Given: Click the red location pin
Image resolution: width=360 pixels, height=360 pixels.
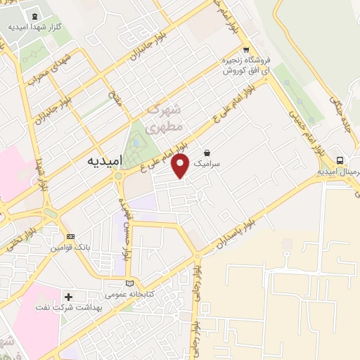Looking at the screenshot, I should (x=181, y=166).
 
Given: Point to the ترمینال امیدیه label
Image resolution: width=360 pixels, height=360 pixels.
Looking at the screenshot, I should (x=338, y=171).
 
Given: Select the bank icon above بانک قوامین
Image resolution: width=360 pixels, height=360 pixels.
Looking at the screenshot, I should (x=70, y=236).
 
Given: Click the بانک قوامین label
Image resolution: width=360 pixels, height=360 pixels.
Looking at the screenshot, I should (x=69, y=247).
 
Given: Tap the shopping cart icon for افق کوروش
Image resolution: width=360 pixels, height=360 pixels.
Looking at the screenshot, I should (x=245, y=50).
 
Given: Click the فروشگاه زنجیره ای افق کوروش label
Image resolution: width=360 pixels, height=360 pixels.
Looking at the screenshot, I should (x=245, y=65).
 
